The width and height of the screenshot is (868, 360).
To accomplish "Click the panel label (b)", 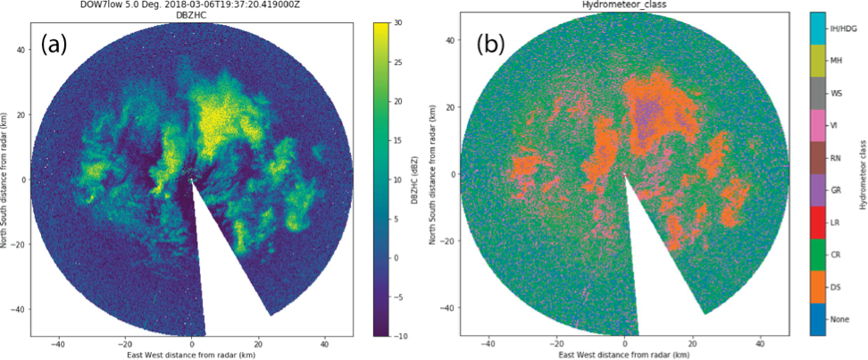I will [x=492, y=44].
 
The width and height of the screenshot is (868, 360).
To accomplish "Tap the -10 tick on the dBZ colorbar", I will [x=404, y=335].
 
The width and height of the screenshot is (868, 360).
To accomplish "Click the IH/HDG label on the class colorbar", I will [x=844, y=29].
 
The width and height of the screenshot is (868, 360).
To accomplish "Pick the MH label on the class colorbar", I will [x=837, y=61].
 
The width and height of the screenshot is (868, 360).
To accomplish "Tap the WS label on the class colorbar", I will [x=837, y=93].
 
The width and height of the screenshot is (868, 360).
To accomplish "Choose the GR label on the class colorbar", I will [x=837, y=190].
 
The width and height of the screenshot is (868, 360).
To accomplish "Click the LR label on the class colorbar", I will [x=837, y=222].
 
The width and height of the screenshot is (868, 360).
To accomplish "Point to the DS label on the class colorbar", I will [x=837, y=287].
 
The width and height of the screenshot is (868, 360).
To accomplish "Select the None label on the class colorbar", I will [x=839, y=319].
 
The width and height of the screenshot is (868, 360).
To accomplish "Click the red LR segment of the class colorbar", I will [x=816, y=222].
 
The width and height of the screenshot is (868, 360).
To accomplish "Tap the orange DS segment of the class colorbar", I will [x=816, y=287].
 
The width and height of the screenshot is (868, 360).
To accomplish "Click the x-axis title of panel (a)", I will [x=192, y=354].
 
